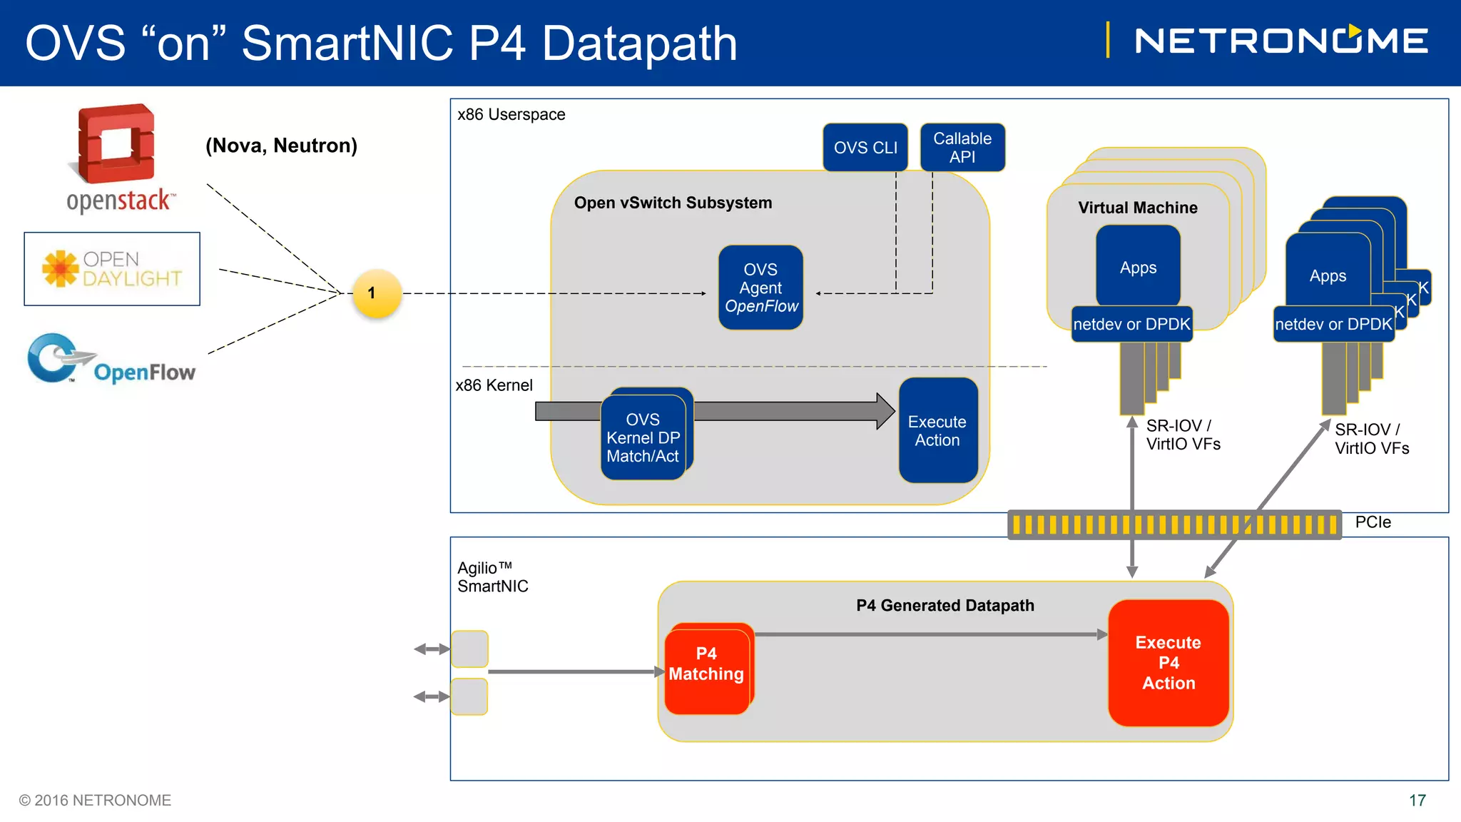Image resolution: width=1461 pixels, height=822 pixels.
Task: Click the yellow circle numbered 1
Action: pos(377,293)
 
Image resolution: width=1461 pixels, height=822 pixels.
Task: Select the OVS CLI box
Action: pos(865,147)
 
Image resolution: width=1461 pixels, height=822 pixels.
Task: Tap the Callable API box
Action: pos(962,147)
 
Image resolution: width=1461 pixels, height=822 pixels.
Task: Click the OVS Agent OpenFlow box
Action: pos(760,288)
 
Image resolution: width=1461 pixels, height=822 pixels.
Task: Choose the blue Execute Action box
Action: pos(938,430)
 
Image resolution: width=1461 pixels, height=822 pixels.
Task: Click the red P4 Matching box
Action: pos(708,669)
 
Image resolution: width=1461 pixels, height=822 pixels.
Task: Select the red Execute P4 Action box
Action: pos(1169,663)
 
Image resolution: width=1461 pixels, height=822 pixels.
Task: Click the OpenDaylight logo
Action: pos(112,269)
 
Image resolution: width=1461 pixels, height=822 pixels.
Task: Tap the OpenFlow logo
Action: pos(111,360)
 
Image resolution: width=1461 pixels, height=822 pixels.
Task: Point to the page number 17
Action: pos(1417,801)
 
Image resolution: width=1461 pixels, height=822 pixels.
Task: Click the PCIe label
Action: pos(1373,522)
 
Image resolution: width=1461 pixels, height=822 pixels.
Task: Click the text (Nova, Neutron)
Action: pos(281,146)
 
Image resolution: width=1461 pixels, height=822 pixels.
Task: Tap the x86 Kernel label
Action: pos(494,385)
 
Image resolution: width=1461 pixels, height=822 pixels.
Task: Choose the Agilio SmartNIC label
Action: pos(493,577)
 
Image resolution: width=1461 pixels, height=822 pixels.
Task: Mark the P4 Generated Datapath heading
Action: pos(945,605)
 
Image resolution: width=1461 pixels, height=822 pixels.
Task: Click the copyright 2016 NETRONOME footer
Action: pos(95,801)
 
